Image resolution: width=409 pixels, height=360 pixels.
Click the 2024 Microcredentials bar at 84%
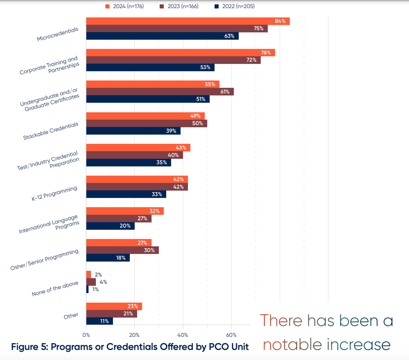[x=188, y=21]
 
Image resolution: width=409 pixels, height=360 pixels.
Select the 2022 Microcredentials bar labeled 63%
[x=162, y=36]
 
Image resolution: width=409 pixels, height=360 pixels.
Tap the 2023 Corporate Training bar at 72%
[x=173, y=60]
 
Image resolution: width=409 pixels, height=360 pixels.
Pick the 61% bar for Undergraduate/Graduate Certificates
[x=160, y=92]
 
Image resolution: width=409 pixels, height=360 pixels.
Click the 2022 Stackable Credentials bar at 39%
[x=133, y=131]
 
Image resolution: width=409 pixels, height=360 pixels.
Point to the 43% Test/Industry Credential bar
[x=138, y=148]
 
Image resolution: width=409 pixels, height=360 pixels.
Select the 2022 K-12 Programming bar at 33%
[x=126, y=194]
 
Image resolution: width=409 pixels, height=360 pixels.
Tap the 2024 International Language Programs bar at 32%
[x=125, y=211]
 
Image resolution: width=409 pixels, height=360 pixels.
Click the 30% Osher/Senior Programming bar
[x=122, y=250]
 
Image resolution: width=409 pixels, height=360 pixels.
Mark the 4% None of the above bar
[x=91, y=282]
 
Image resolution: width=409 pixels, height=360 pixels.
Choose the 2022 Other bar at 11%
[x=99, y=321]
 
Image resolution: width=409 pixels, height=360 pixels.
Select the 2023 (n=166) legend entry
[x=179, y=6]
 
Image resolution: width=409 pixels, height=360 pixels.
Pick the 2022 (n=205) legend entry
[x=235, y=6]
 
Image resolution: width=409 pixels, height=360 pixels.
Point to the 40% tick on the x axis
[x=183, y=335]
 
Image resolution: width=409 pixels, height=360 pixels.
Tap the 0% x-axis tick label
[x=86, y=335]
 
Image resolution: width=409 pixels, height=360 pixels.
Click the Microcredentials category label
[x=58, y=34]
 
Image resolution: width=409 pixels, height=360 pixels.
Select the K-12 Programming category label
[x=54, y=194]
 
